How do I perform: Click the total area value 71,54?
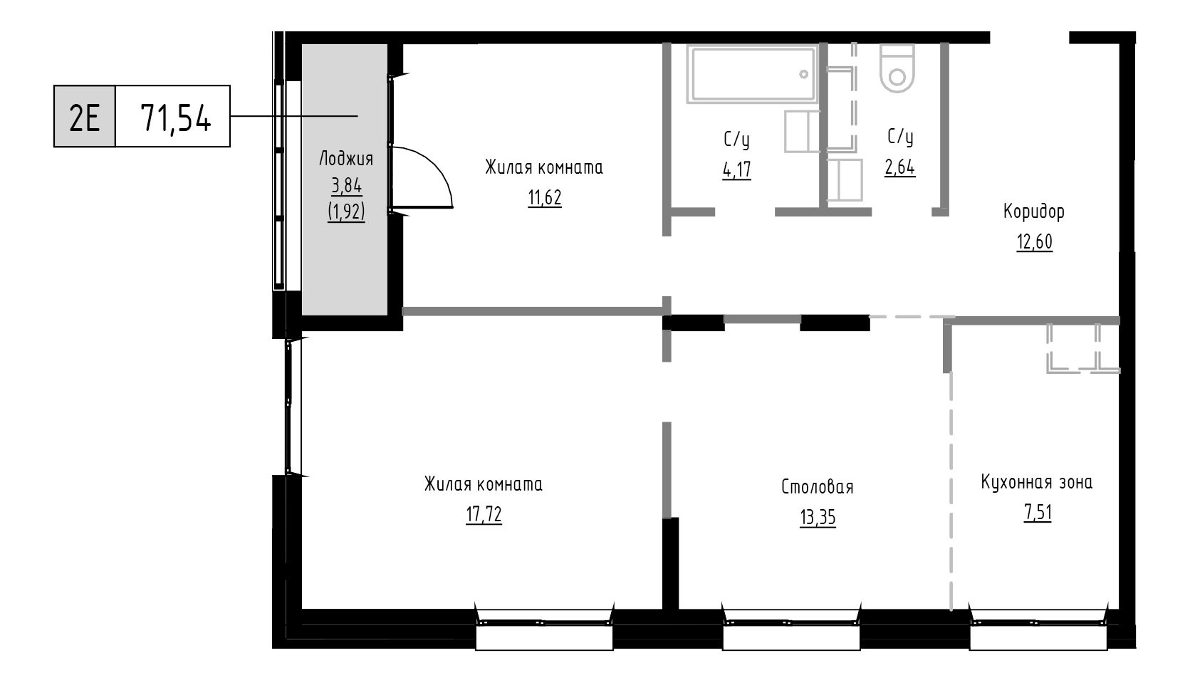click(x=176, y=118)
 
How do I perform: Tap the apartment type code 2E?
click(x=85, y=117)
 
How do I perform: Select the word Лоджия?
click(x=346, y=158)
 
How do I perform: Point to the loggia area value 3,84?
click(x=346, y=185)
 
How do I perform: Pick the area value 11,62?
click(x=545, y=197)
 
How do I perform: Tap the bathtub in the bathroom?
click(x=752, y=74)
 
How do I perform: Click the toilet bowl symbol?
click(x=897, y=68)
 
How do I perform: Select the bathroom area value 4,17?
click(x=737, y=170)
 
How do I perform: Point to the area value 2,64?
click(x=900, y=167)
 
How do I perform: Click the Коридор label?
click(x=1034, y=211)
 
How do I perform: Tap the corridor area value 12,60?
click(x=1034, y=242)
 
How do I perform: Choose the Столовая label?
click(x=818, y=486)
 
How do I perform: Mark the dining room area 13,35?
click(x=818, y=518)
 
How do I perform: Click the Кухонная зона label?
click(x=1036, y=482)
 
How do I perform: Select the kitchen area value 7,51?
click(x=1038, y=513)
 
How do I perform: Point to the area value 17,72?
click(x=484, y=515)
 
